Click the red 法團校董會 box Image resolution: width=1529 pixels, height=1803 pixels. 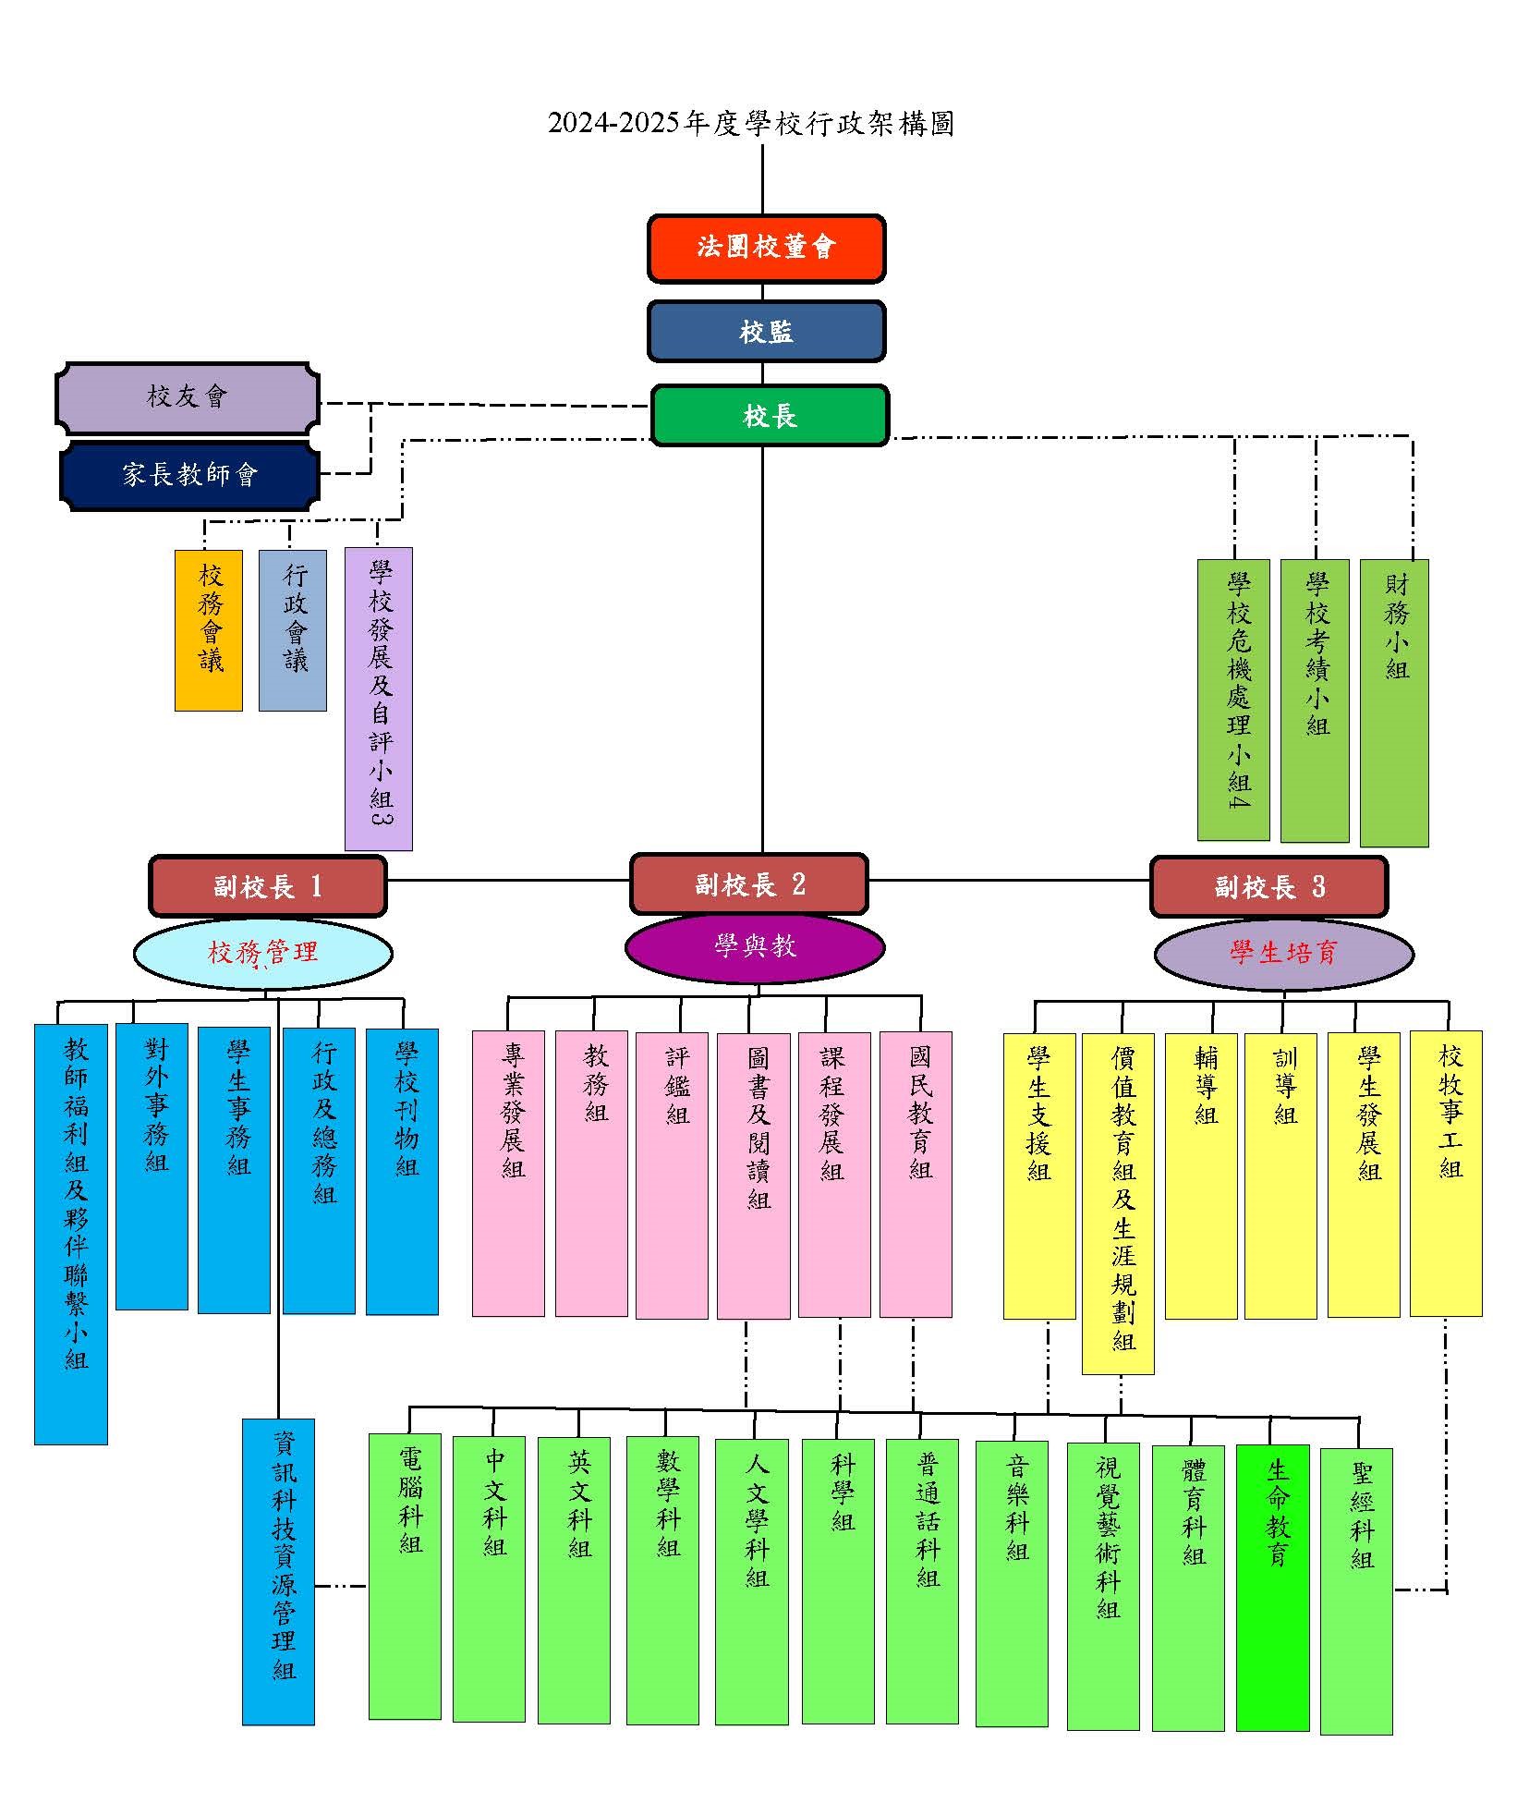[x=766, y=248]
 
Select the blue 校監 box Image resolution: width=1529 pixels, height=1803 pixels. [x=766, y=332]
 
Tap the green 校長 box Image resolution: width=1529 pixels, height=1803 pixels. [x=770, y=416]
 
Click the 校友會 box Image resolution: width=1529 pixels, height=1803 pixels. [x=188, y=397]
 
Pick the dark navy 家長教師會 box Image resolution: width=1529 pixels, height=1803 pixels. [x=189, y=475]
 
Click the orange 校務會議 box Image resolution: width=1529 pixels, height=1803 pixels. [x=209, y=630]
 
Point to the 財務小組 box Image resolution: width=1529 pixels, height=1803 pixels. [x=1394, y=702]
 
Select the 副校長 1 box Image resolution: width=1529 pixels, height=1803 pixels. [x=267, y=886]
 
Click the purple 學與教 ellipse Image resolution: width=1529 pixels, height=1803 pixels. [x=755, y=946]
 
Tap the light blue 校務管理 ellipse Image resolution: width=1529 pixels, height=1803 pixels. [x=263, y=953]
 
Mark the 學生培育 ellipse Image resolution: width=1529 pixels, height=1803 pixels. [x=1283, y=953]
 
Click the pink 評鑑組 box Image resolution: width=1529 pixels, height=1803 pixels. [x=672, y=1175]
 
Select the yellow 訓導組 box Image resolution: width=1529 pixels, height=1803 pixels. [x=1280, y=1175]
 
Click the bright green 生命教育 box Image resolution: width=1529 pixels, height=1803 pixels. [x=1272, y=1587]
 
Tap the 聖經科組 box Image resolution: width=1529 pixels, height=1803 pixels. [x=1356, y=1590]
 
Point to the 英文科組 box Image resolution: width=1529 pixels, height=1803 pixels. [x=574, y=1579]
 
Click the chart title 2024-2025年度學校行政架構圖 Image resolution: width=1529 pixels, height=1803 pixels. [x=750, y=124]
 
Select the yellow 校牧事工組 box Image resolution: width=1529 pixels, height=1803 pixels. [x=1446, y=1173]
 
